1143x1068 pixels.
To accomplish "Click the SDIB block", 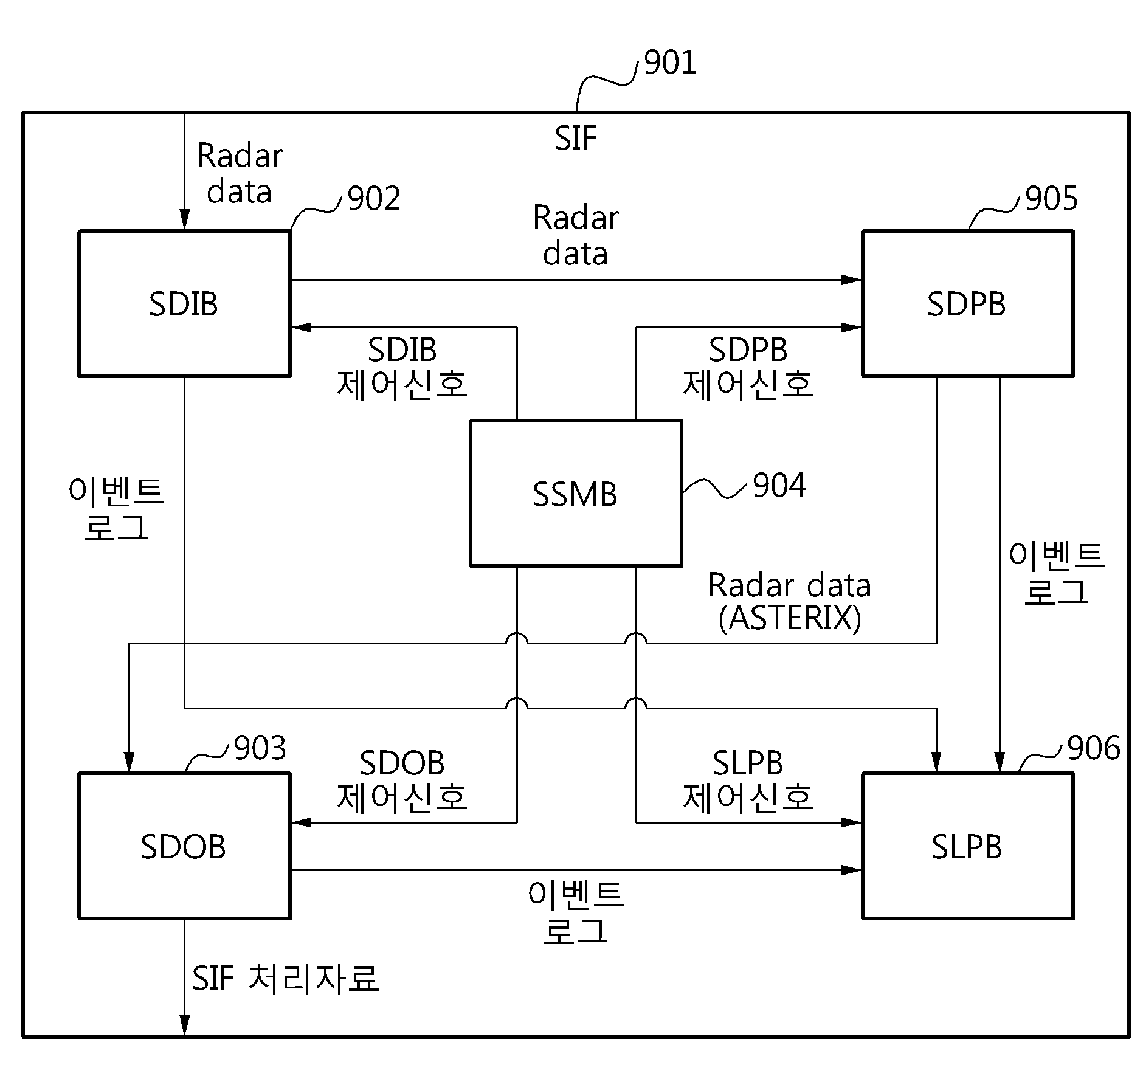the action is pos(184,303).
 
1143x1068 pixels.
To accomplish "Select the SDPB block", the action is pos(967,303).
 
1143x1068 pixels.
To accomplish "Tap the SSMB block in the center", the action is pos(576,493).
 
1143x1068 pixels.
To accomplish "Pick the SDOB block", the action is pos(184,846).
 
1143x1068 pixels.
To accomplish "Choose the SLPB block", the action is pos(967,846).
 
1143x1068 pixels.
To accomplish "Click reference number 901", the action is pos(670,63).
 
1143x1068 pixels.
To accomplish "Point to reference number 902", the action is pos(373,199).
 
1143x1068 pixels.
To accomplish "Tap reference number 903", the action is pos(260,748).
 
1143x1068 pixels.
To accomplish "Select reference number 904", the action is pos(779,486).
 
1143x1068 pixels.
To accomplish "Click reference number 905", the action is pos(1051,199).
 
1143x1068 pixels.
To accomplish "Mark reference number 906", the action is pos(1094,748).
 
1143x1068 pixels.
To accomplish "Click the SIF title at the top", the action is pos(575,139).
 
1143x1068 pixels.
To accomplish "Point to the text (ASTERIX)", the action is pos(790,619).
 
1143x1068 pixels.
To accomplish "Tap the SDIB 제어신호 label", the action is pos(402,367).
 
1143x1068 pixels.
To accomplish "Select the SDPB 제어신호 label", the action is pos(748,367).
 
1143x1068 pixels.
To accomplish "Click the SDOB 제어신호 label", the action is pos(402,780).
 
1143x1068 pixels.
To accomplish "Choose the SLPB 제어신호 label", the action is pos(748,780).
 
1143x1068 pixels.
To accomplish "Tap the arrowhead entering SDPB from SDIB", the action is pos(851,280).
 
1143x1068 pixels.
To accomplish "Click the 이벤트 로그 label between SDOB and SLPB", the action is pos(576,913).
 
